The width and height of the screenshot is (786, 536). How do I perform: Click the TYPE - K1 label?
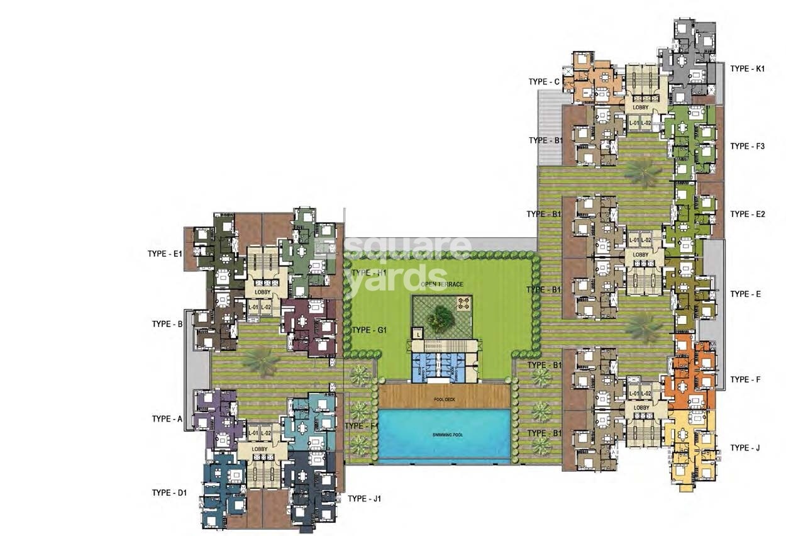pos(747,69)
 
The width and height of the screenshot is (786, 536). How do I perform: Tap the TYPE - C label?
pos(544,82)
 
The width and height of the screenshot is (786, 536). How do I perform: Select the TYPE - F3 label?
pos(747,146)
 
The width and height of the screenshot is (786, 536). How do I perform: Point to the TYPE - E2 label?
pos(747,215)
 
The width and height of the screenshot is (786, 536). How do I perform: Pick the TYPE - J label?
pos(745,448)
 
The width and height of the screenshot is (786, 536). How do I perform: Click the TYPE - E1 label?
pos(165,254)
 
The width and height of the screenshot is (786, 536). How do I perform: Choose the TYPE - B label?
pos(167,324)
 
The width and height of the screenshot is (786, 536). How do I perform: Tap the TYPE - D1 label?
pos(169,493)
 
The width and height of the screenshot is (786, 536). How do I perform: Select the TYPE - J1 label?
pos(364,499)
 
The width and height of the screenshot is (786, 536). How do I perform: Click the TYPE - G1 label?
pos(369,330)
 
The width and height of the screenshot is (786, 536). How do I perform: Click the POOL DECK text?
pos(445,399)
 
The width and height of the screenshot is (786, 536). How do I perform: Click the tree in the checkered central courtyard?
pos(441,317)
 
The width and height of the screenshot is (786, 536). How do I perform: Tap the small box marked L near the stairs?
pos(416,335)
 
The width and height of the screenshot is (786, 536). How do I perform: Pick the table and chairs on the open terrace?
pos(463,304)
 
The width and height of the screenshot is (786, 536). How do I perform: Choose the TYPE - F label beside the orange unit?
pos(745,380)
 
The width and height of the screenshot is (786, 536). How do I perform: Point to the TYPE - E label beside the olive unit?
pos(745,294)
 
